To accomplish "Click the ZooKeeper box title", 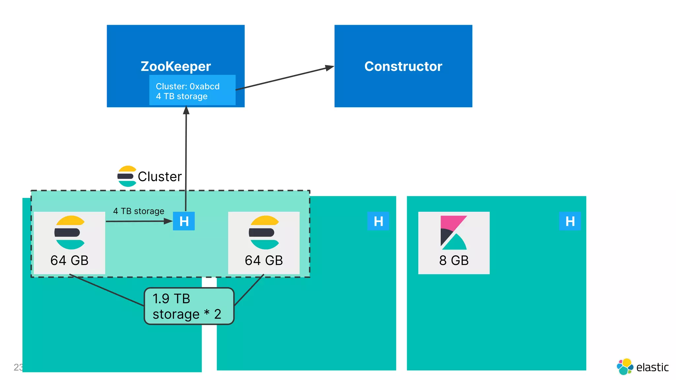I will coord(176,66).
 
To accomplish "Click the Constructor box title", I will coord(403,66).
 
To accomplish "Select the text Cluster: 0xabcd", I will coord(187,86).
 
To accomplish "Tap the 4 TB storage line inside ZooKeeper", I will coord(182,96).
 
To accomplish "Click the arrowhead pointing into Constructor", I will coord(329,68).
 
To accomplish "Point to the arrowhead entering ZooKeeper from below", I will coord(186,110).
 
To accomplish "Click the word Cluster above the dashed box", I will coord(160,176).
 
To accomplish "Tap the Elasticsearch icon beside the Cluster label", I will coord(127,176).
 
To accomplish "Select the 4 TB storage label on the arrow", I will coord(139,211).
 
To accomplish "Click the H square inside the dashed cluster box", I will coord(184,221).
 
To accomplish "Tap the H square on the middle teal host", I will coord(378,221).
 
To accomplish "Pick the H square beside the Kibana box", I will coord(570,221).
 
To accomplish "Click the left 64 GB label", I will coord(69,260).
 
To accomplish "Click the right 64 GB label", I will coord(264,260).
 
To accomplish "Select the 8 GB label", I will coord(454,260).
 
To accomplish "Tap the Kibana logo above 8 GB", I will coord(454,233).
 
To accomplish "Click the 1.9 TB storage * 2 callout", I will coord(189,306).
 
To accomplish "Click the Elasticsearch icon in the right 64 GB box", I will coord(264,233).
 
